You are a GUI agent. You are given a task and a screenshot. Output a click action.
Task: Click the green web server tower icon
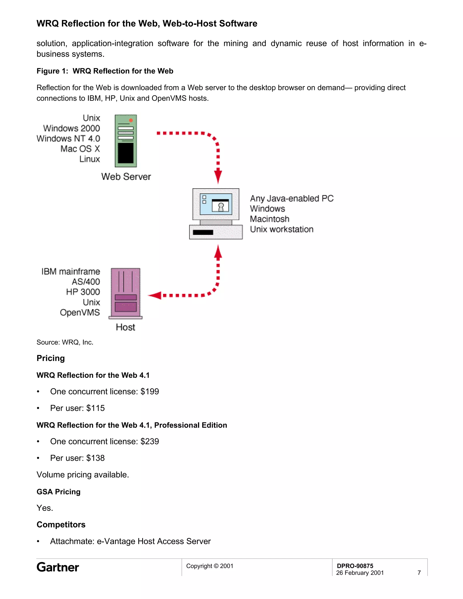pyautogui.click(x=126, y=141)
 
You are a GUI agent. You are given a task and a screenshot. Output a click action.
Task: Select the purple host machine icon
pyautogui.click(x=126, y=293)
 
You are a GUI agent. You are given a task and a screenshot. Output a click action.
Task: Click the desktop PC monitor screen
pyautogui.click(x=216, y=204)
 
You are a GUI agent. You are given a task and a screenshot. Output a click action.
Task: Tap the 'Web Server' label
pyautogui.click(x=126, y=177)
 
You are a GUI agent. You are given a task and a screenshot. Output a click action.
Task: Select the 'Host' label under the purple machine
pyautogui.click(x=125, y=327)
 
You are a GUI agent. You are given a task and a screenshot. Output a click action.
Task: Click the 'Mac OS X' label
pyautogui.click(x=80, y=149)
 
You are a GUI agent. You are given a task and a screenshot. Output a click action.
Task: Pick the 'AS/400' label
pyautogui.click(x=86, y=282)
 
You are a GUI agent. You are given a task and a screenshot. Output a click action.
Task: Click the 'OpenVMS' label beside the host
pyautogui.click(x=80, y=312)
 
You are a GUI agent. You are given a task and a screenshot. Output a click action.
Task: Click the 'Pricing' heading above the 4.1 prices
pyautogui.click(x=51, y=358)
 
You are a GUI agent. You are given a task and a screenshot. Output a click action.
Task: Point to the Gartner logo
pyautogui.click(x=58, y=567)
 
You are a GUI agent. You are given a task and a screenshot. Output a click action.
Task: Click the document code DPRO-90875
pyautogui.click(x=355, y=566)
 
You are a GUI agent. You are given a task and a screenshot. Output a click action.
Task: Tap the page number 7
pyautogui.click(x=419, y=573)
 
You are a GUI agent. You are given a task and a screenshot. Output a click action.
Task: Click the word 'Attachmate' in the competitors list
pyautogui.click(x=72, y=541)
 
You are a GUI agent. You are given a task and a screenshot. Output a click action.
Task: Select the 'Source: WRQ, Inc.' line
pyautogui.click(x=65, y=342)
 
